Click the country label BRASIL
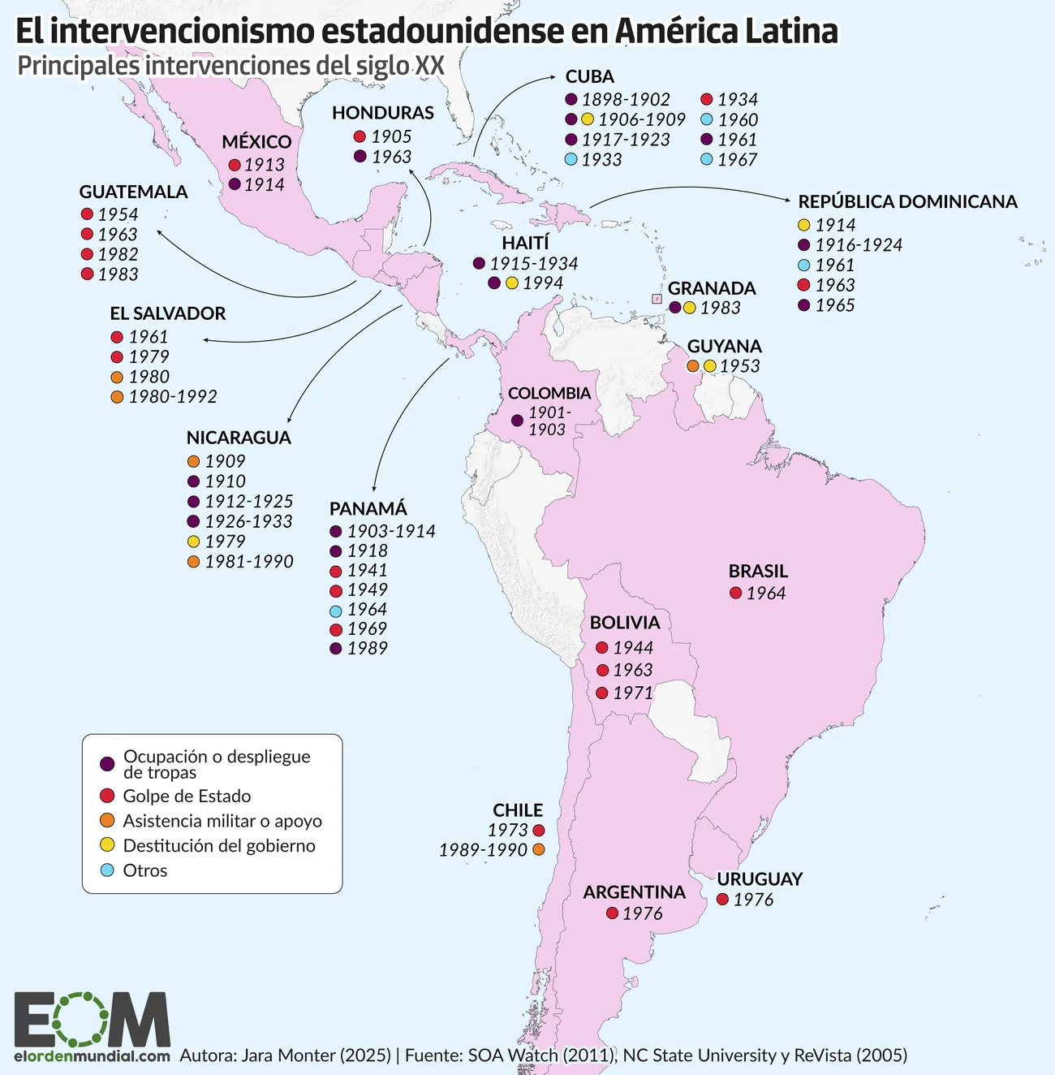[758, 572]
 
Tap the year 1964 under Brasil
[766, 594]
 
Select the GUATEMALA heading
[133, 192]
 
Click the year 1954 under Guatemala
[118, 214]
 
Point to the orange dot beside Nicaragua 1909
[193, 461]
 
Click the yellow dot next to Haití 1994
[512, 283]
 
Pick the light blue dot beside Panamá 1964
[336, 611]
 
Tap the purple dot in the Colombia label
[517, 421]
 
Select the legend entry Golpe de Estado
[187, 797]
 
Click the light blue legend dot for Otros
[107, 870]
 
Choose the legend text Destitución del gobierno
[219, 846]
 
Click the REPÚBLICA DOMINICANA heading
[907, 202]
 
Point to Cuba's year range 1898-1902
[626, 100]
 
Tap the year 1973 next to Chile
[508, 831]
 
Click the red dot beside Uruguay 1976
[722, 900]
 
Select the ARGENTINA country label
[634, 892]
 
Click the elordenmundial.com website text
[92, 1056]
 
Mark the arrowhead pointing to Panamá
[373, 489]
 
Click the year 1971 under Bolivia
[633, 693]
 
